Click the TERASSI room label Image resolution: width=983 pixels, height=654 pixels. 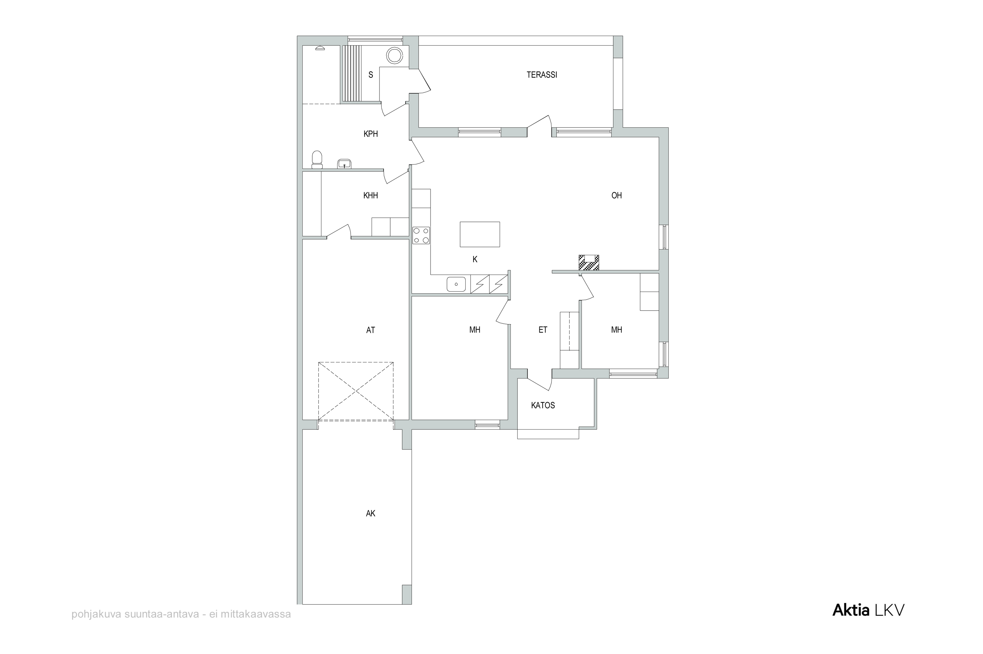tap(542, 75)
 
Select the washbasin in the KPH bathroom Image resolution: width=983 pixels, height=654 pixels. tap(344, 163)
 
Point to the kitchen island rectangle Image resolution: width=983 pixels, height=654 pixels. tap(480, 234)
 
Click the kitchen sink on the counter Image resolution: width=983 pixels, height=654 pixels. tap(456, 284)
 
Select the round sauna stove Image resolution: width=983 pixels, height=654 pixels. tap(394, 55)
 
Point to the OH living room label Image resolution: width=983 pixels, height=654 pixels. tap(616, 196)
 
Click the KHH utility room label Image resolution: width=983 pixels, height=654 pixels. tap(370, 196)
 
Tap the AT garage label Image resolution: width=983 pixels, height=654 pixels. tap(370, 330)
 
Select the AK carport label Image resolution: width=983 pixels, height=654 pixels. tap(370, 514)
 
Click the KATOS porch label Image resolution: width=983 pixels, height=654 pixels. tap(543, 405)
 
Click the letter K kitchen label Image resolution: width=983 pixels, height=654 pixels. tap(474, 260)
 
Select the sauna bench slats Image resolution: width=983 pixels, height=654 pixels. tap(352, 73)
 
